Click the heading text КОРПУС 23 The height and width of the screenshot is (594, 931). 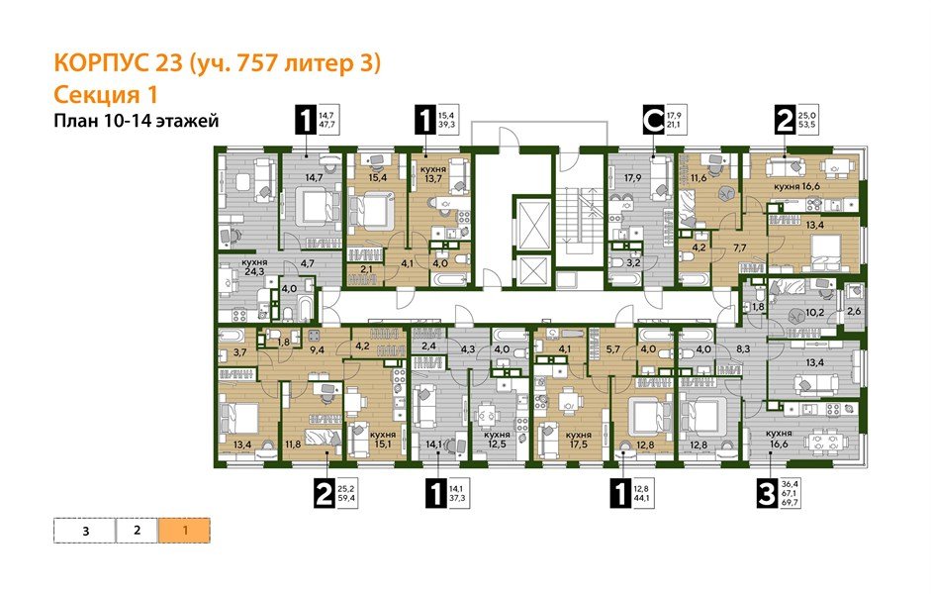117,65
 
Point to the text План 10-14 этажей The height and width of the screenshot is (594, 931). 135,121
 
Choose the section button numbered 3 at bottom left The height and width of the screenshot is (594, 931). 85,530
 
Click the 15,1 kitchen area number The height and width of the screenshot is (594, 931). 382,443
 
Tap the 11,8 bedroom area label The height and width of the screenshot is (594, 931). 292,445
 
